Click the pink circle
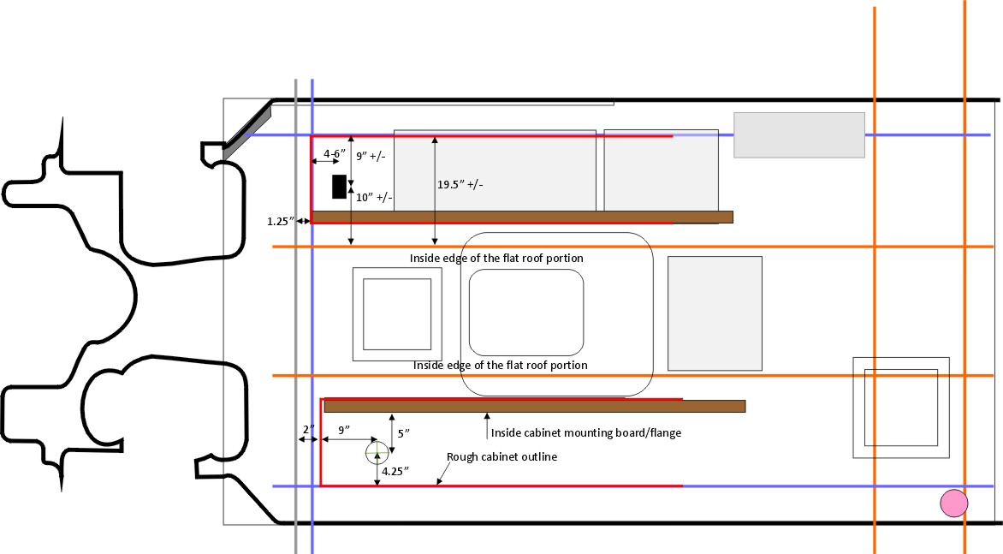953,503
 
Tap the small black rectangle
339,187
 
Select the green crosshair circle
377,453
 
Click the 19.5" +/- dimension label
460,185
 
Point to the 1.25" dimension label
280,222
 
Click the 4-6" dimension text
334,153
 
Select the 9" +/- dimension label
371,156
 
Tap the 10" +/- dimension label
374,198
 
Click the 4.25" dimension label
395,472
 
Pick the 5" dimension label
404,434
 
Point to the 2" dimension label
309,429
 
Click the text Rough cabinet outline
501,456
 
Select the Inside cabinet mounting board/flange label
586,433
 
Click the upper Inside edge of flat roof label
496,259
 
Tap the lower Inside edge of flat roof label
501,366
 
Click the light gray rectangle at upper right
799,135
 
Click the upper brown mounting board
522,217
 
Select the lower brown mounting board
535,406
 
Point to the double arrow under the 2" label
308,439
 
